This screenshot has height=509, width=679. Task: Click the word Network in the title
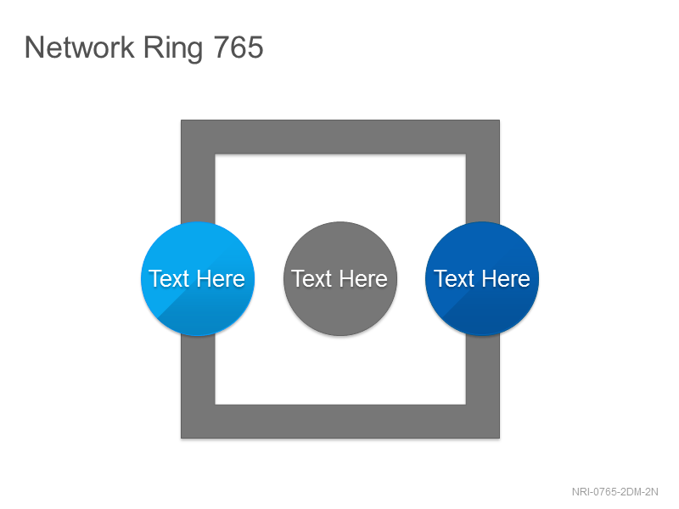[x=80, y=48]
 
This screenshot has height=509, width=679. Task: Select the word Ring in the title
[x=173, y=49]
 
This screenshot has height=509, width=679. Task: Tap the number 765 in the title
[x=238, y=48]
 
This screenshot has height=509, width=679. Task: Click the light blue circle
[x=198, y=279]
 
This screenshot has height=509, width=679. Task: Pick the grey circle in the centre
[x=340, y=279]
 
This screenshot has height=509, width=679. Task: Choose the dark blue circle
[x=482, y=279]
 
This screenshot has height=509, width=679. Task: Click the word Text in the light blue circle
[x=169, y=279]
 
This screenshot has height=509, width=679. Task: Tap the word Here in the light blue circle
[x=221, y=279]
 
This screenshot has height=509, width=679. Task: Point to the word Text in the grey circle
[x=311, y=279]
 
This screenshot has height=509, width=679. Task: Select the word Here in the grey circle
[x=363, y=279]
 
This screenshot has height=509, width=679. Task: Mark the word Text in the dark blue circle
[x=454, y=279]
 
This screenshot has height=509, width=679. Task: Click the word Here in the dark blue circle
[x=506, y=279]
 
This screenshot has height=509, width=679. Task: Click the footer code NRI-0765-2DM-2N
[x=614, y=492]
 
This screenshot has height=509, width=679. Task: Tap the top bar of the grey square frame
[x=340, y=137]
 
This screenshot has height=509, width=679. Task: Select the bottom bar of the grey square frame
[x=340, y=422]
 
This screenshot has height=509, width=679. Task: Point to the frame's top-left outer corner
[x=181, y=120]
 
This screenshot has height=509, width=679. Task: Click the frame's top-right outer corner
[x=500, y=120]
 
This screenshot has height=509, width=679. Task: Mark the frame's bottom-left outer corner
[x=181, y=439]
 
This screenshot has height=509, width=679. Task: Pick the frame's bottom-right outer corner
[x=500, y=439]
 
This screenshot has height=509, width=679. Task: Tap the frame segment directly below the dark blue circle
[x=483, y=370]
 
